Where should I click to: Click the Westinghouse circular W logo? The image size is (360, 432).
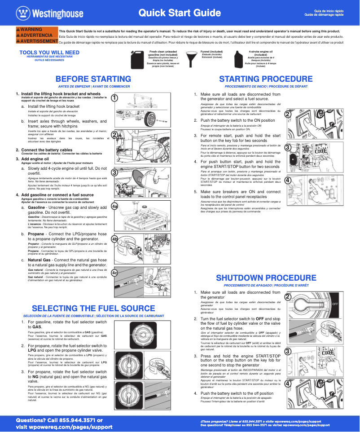coord(22,13)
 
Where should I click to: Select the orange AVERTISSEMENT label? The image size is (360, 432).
coord(37,41)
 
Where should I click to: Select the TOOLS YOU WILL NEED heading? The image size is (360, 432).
coord(49,53)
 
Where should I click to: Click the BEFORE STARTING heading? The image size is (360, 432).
coord(93,79)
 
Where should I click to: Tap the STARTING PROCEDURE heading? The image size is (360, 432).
coord(266,79)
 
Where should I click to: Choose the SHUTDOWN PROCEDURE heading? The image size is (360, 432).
coord(266,278)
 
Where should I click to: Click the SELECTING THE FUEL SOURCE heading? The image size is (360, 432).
coord(93,309)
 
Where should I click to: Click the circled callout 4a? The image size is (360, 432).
coord(115,206)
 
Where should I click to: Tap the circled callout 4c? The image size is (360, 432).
coord(115,273)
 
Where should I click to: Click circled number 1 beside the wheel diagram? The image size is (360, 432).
coord(115,97)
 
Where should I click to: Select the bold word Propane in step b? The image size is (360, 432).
coord(36,234)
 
